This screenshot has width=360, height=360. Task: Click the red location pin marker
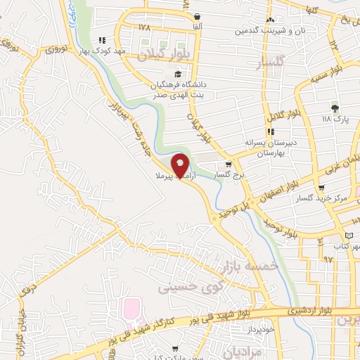tap(180, 164)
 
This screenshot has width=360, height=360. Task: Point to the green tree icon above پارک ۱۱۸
tap(335, 108)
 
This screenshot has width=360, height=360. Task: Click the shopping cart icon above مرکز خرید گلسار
tap(321, 188)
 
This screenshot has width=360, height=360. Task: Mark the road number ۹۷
tap(328, 259)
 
